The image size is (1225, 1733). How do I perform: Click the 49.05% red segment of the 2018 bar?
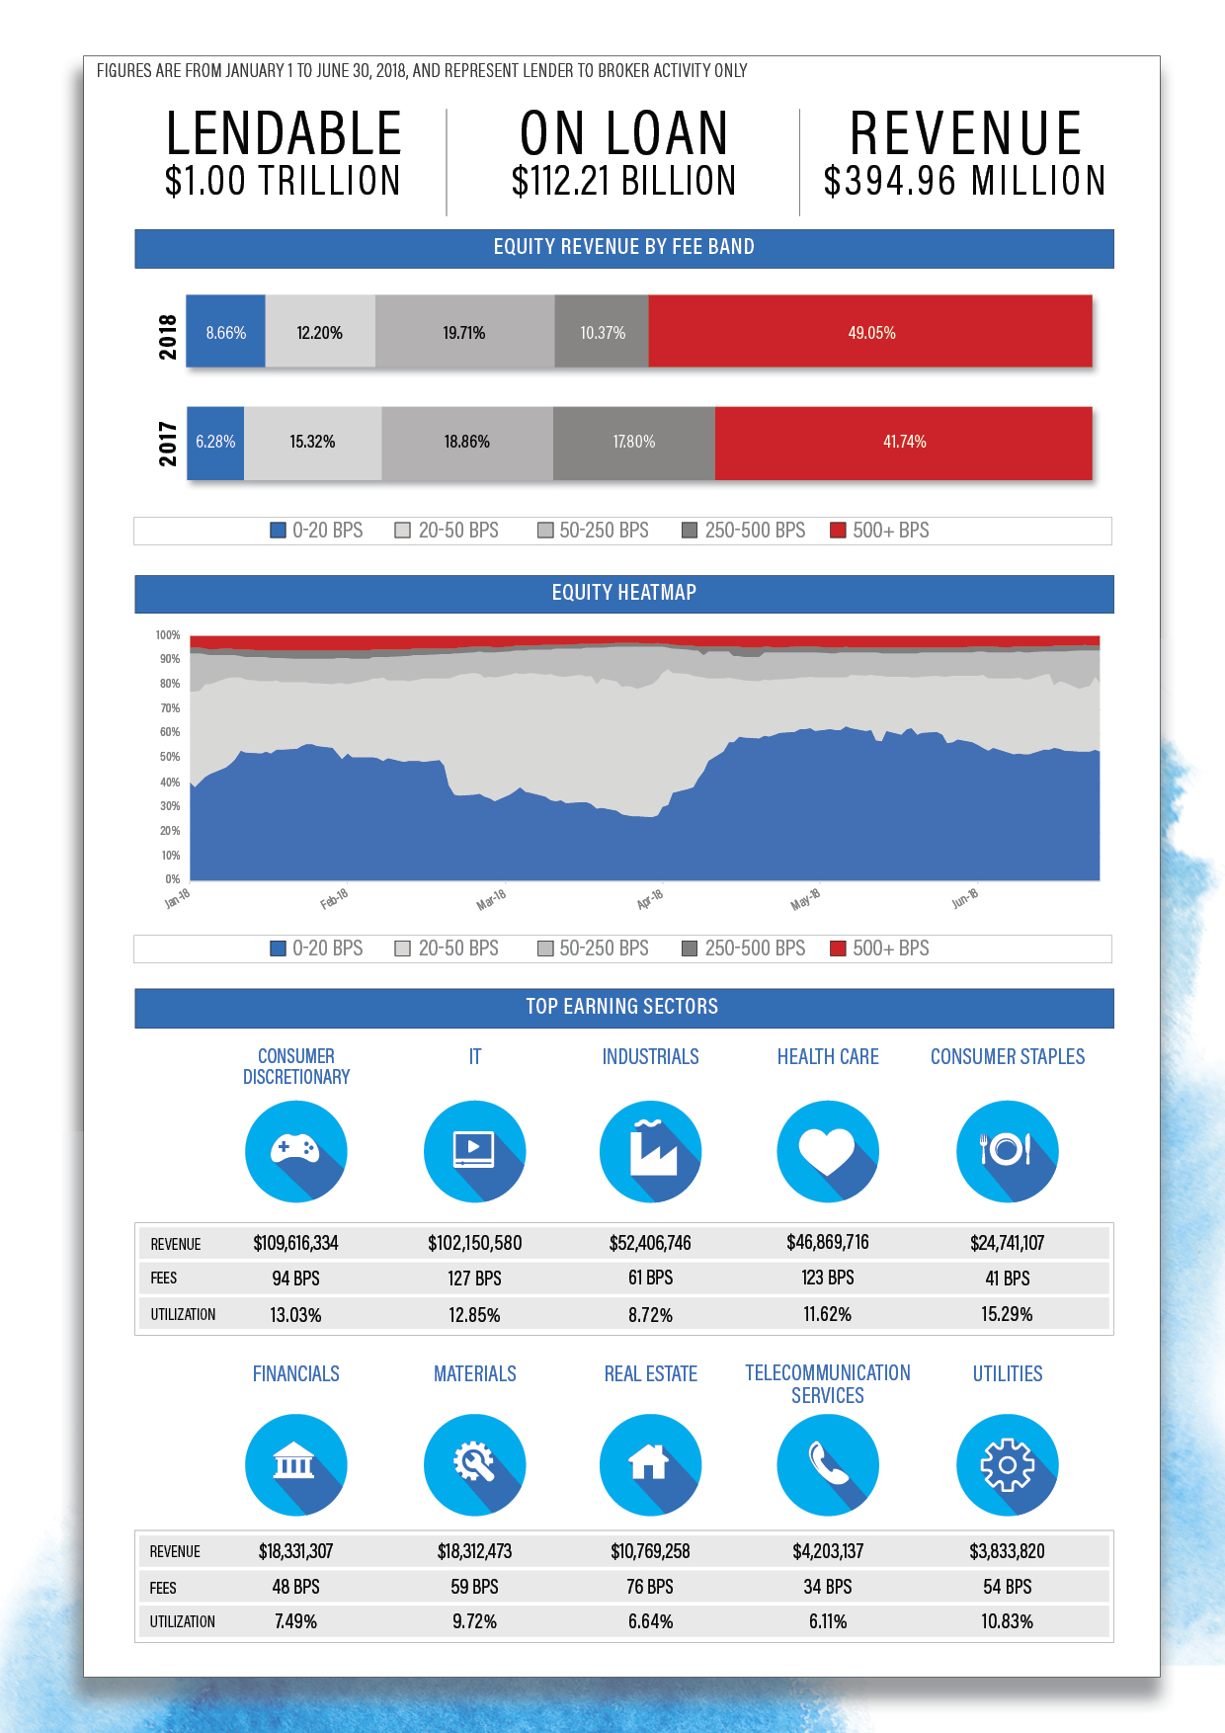(870, 332)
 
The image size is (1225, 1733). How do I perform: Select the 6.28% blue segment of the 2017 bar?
(215, 442)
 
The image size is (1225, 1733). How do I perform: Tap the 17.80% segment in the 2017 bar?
(633, 442)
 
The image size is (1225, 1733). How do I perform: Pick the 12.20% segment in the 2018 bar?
(320, 332)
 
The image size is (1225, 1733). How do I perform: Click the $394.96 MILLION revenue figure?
(964, 181)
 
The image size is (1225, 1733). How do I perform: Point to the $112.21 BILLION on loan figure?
(623, 181)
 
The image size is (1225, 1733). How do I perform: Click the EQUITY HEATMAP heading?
(623, 593)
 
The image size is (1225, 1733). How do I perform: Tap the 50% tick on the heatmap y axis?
(170, 757)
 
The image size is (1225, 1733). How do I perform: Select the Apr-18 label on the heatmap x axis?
(650, 899)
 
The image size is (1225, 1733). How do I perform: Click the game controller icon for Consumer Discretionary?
(295, 1151)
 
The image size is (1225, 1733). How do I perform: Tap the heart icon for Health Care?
(827, 1151)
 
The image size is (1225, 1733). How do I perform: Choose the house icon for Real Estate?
(650, 1463)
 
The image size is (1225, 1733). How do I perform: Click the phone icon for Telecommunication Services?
(827, 1463)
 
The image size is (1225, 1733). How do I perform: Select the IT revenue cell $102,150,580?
(474, 1243)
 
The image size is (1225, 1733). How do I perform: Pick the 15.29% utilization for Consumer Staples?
(1007, 1314)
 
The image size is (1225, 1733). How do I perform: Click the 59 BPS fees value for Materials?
(474, 1587)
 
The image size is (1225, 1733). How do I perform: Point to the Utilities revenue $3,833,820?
(1007, 1551)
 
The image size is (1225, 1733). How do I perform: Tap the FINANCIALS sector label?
(295, 1373)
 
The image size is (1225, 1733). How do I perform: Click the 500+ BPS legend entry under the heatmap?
(880, 949)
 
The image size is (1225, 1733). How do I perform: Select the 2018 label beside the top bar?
(168, 336)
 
